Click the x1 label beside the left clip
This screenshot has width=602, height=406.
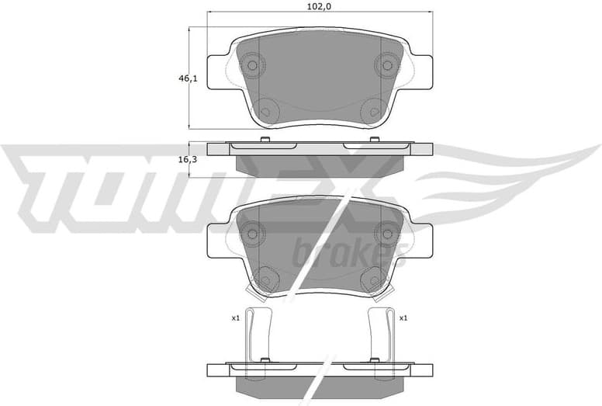click(x=235, y=318)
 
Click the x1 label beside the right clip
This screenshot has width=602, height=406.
click(x=403, y=318)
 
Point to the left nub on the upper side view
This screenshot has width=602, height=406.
click(x=265, y=139)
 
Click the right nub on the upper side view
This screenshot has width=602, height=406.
click(x=374, y=139)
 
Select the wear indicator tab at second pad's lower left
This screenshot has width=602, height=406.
click(x=253, y=293)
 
